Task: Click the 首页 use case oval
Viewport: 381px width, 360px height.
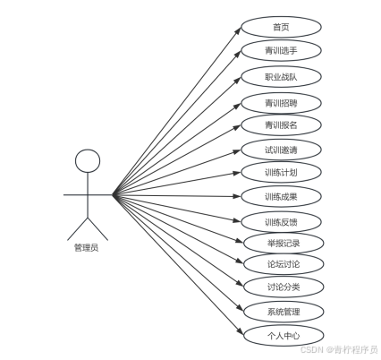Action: (281, 27)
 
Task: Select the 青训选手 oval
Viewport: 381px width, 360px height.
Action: (281, 50)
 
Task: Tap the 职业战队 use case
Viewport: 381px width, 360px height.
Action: (281, 77)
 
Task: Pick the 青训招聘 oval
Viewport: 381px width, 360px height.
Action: (281, 103)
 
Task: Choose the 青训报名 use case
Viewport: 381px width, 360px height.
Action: (281, 124)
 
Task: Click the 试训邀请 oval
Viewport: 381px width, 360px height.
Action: (281, 150)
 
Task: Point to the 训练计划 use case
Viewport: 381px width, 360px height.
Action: (281, 172)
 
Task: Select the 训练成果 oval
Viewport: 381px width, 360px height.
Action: (281, 196)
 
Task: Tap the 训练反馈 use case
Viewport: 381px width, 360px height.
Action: (281, 222)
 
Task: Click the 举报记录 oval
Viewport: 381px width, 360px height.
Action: (284, 243)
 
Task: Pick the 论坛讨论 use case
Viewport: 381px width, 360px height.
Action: (284, 264)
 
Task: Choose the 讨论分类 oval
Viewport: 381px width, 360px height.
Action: (284, 287)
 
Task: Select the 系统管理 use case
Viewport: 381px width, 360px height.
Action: (284, 312)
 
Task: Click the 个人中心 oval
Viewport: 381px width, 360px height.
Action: (284, 336)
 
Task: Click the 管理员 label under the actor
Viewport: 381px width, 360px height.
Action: (86, 247)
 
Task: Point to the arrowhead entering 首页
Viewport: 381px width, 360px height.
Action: (238, 30)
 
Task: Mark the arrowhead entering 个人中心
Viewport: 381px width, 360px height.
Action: (241, 331)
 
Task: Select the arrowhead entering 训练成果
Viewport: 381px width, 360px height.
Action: (237, 196)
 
